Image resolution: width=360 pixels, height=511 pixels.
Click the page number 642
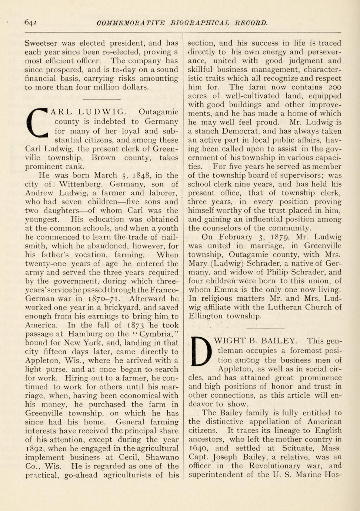click(30, 22)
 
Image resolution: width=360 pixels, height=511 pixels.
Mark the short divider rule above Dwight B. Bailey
click(265, 328)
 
